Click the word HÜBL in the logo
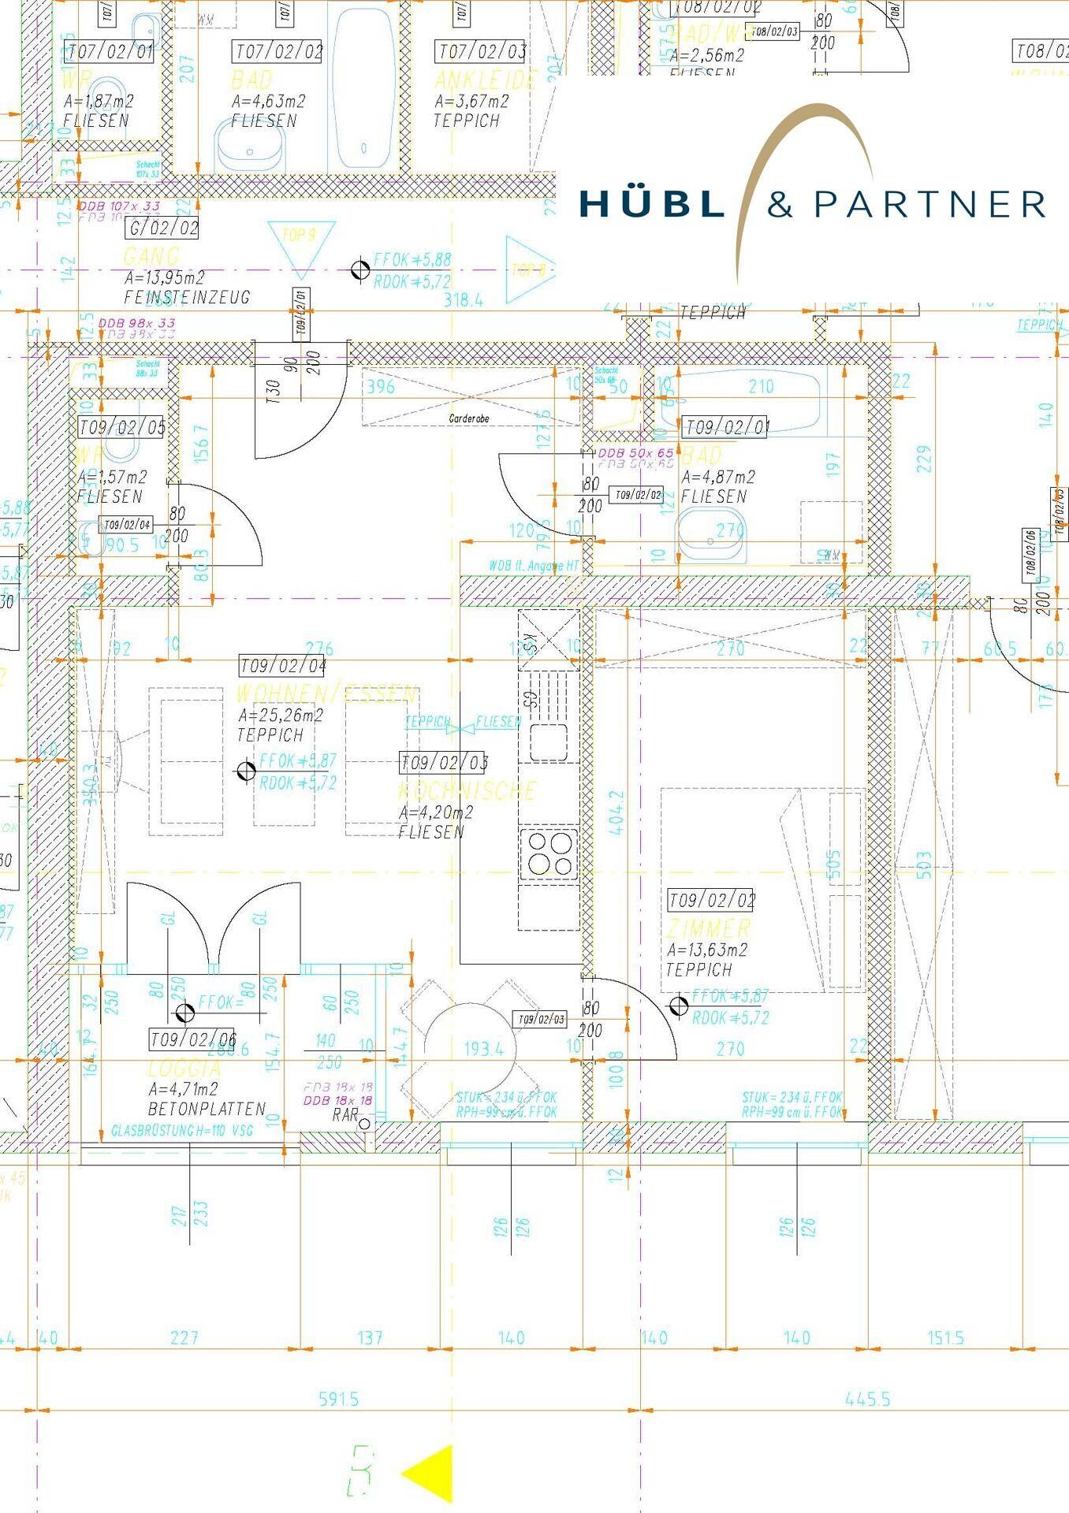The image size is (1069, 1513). point(651,203)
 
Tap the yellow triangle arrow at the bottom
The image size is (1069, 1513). point(430,1473)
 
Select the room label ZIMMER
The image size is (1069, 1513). point(709,928)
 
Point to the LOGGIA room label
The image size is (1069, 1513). point(184,1069)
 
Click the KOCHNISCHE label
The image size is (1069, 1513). point(467,790)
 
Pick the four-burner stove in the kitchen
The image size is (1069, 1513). point(549,853)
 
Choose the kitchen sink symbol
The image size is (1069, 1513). point(549,742)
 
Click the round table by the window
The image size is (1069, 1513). point(470,1048)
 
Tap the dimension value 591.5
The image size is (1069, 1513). point(338,1399)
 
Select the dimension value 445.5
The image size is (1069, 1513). point(867,1399)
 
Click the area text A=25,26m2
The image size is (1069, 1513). point(281,716)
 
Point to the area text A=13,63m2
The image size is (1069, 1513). point(706,950)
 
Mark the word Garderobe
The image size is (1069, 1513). point(469,418)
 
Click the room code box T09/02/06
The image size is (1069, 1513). point(193,1039)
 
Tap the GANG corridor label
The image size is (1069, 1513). point(151,256)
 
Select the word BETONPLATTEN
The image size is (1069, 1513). point(207,1109)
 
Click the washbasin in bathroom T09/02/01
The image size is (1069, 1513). point(711,536)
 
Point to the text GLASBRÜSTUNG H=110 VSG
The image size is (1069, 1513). point(182,1131)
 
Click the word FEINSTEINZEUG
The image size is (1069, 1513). point(187,297)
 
